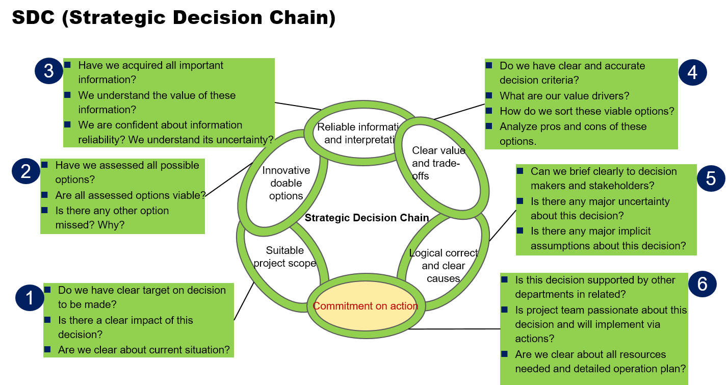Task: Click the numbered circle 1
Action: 30,297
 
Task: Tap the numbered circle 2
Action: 26,171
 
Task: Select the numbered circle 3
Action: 48,71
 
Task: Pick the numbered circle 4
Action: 692,72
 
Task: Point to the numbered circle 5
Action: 711,178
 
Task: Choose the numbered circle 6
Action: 702,284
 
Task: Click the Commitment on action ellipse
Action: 365,306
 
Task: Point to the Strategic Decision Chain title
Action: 367,218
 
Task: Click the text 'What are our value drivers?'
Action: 564,96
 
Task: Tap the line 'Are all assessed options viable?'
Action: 130,195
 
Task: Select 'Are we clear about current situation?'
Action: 144,350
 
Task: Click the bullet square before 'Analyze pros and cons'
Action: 489,126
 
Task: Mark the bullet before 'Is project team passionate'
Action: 505,310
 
